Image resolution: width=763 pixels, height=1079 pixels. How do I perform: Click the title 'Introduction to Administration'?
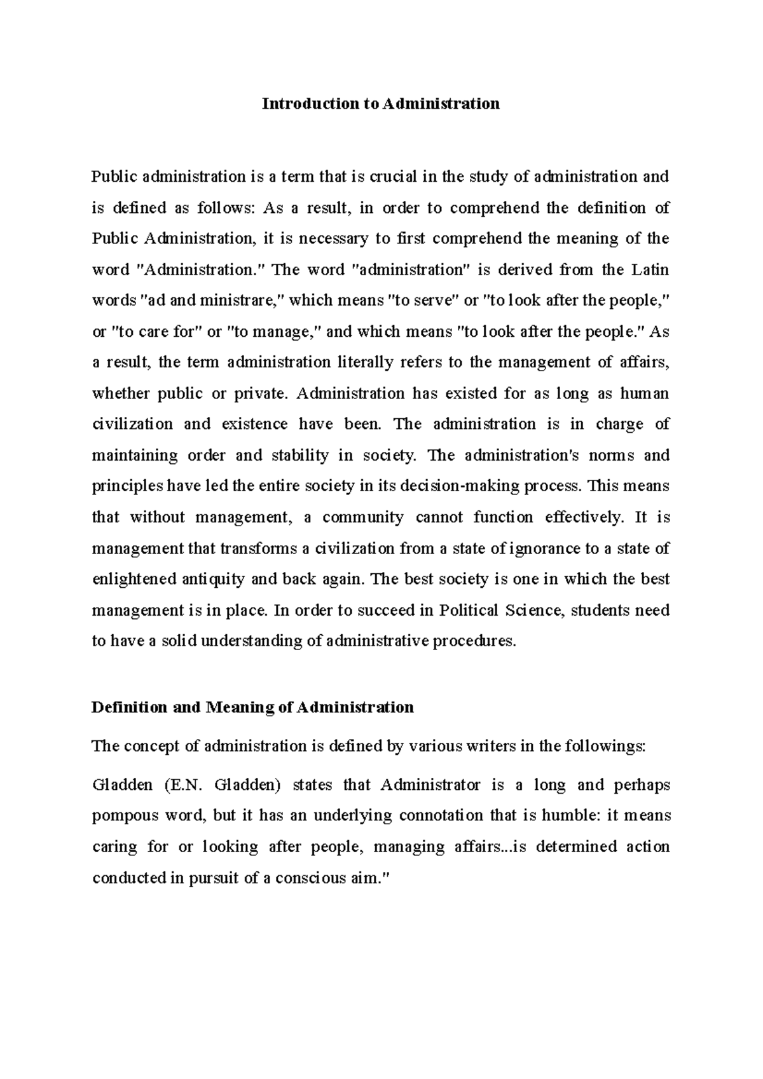point(381,104)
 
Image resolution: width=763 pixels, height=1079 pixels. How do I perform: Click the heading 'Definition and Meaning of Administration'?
point(252,707)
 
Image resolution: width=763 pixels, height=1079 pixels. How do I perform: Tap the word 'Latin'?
point(650,269)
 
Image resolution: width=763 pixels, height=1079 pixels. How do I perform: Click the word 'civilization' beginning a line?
point(132,424)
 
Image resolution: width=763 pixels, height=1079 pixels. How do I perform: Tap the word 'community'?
point(362,518)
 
